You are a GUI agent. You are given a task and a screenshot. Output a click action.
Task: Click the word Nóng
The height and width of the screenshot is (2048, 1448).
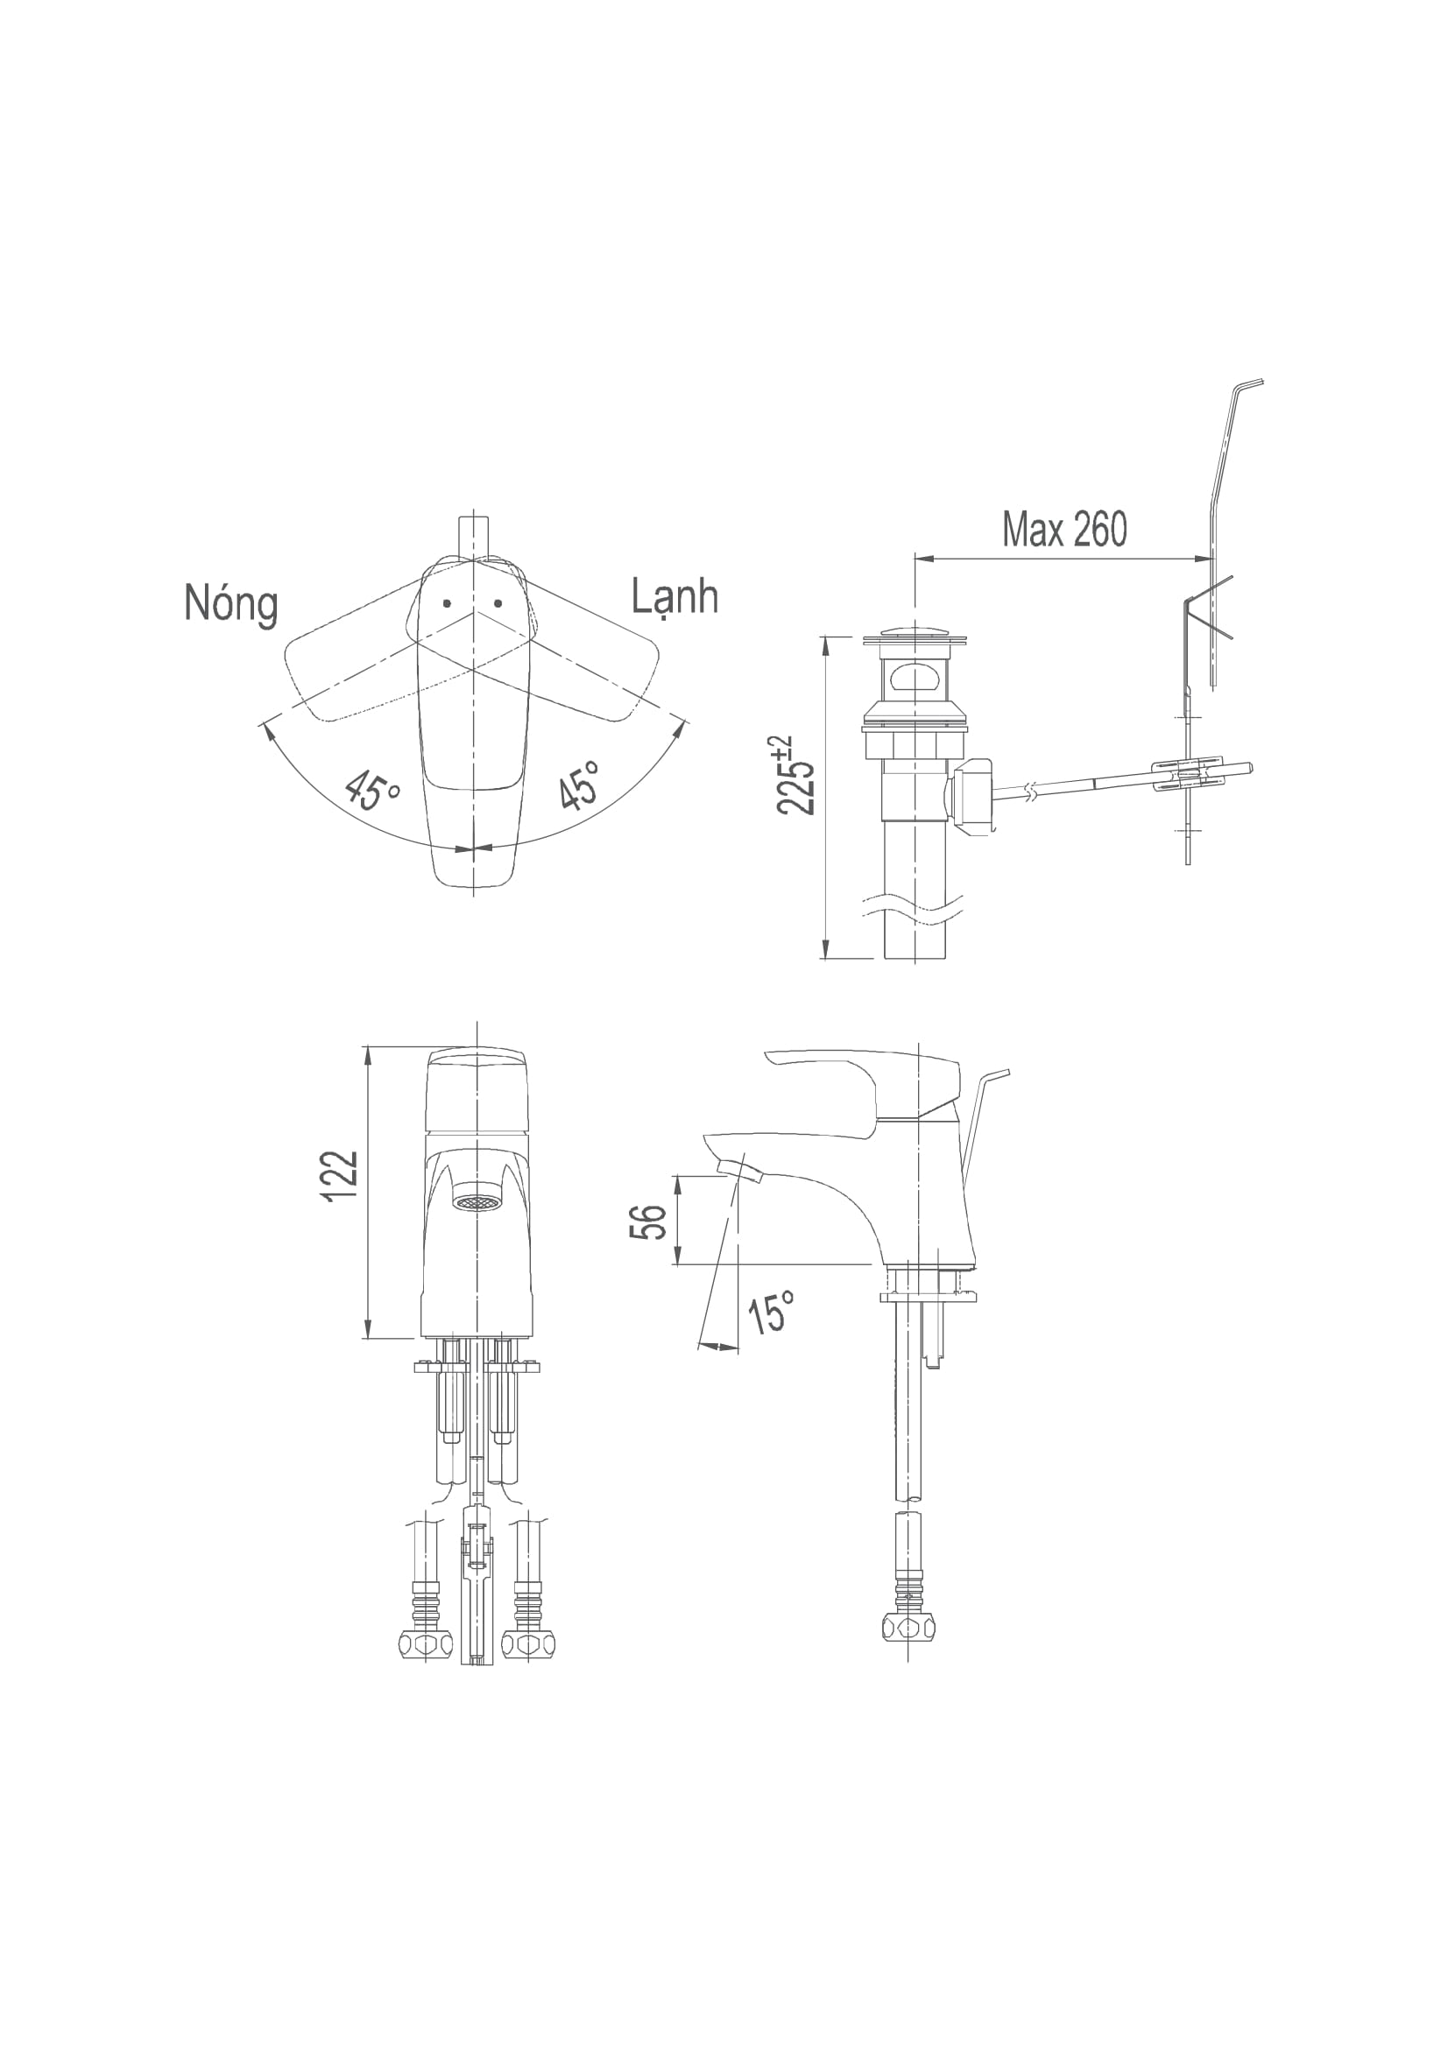pyautogui.click(x=231, y=606)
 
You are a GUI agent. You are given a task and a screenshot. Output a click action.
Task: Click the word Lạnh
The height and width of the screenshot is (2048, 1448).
pyautogui.click(x=675, y=598)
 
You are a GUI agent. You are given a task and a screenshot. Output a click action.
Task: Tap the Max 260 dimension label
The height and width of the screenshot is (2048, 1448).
pyautogui.click(x=1064, y=529)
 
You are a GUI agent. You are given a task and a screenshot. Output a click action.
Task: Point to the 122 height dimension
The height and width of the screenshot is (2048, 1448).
pyautogui.click(x=342, y=1178)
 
